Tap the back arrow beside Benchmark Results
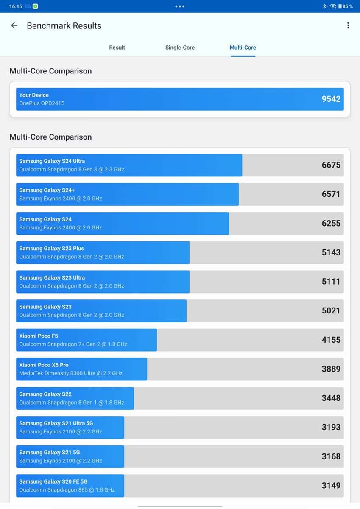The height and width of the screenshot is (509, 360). click(14, 25)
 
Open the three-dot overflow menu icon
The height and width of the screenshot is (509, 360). click(348, 25)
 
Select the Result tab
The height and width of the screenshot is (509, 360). click(117, 48)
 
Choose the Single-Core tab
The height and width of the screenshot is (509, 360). click(180, 48)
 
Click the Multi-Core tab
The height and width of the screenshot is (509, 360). click(243, 48)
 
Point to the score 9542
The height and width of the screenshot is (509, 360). click(331, 99)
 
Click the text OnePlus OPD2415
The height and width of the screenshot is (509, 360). click(42, 103)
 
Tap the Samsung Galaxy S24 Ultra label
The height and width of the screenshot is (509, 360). click(52, 161)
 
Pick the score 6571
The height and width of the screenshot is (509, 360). click(331, 194)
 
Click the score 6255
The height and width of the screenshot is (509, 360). click(331, 223)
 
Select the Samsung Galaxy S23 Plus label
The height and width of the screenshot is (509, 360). click(51, 249)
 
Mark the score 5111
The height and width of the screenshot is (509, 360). click(331, 281)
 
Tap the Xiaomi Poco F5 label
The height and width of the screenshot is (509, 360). click(39, 336)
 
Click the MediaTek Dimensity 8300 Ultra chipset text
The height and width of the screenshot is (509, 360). click(71, 373)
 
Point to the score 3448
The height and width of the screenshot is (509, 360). click(331, 398)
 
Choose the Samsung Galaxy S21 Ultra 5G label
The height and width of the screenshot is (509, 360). click(56, 423)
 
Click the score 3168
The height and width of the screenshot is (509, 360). click(331, 456)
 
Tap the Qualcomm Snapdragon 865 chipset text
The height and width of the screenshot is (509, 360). click(67, 490)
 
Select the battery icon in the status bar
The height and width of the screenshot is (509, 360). click(340, 6)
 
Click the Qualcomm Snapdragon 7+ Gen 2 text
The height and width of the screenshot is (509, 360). click(73, 344)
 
